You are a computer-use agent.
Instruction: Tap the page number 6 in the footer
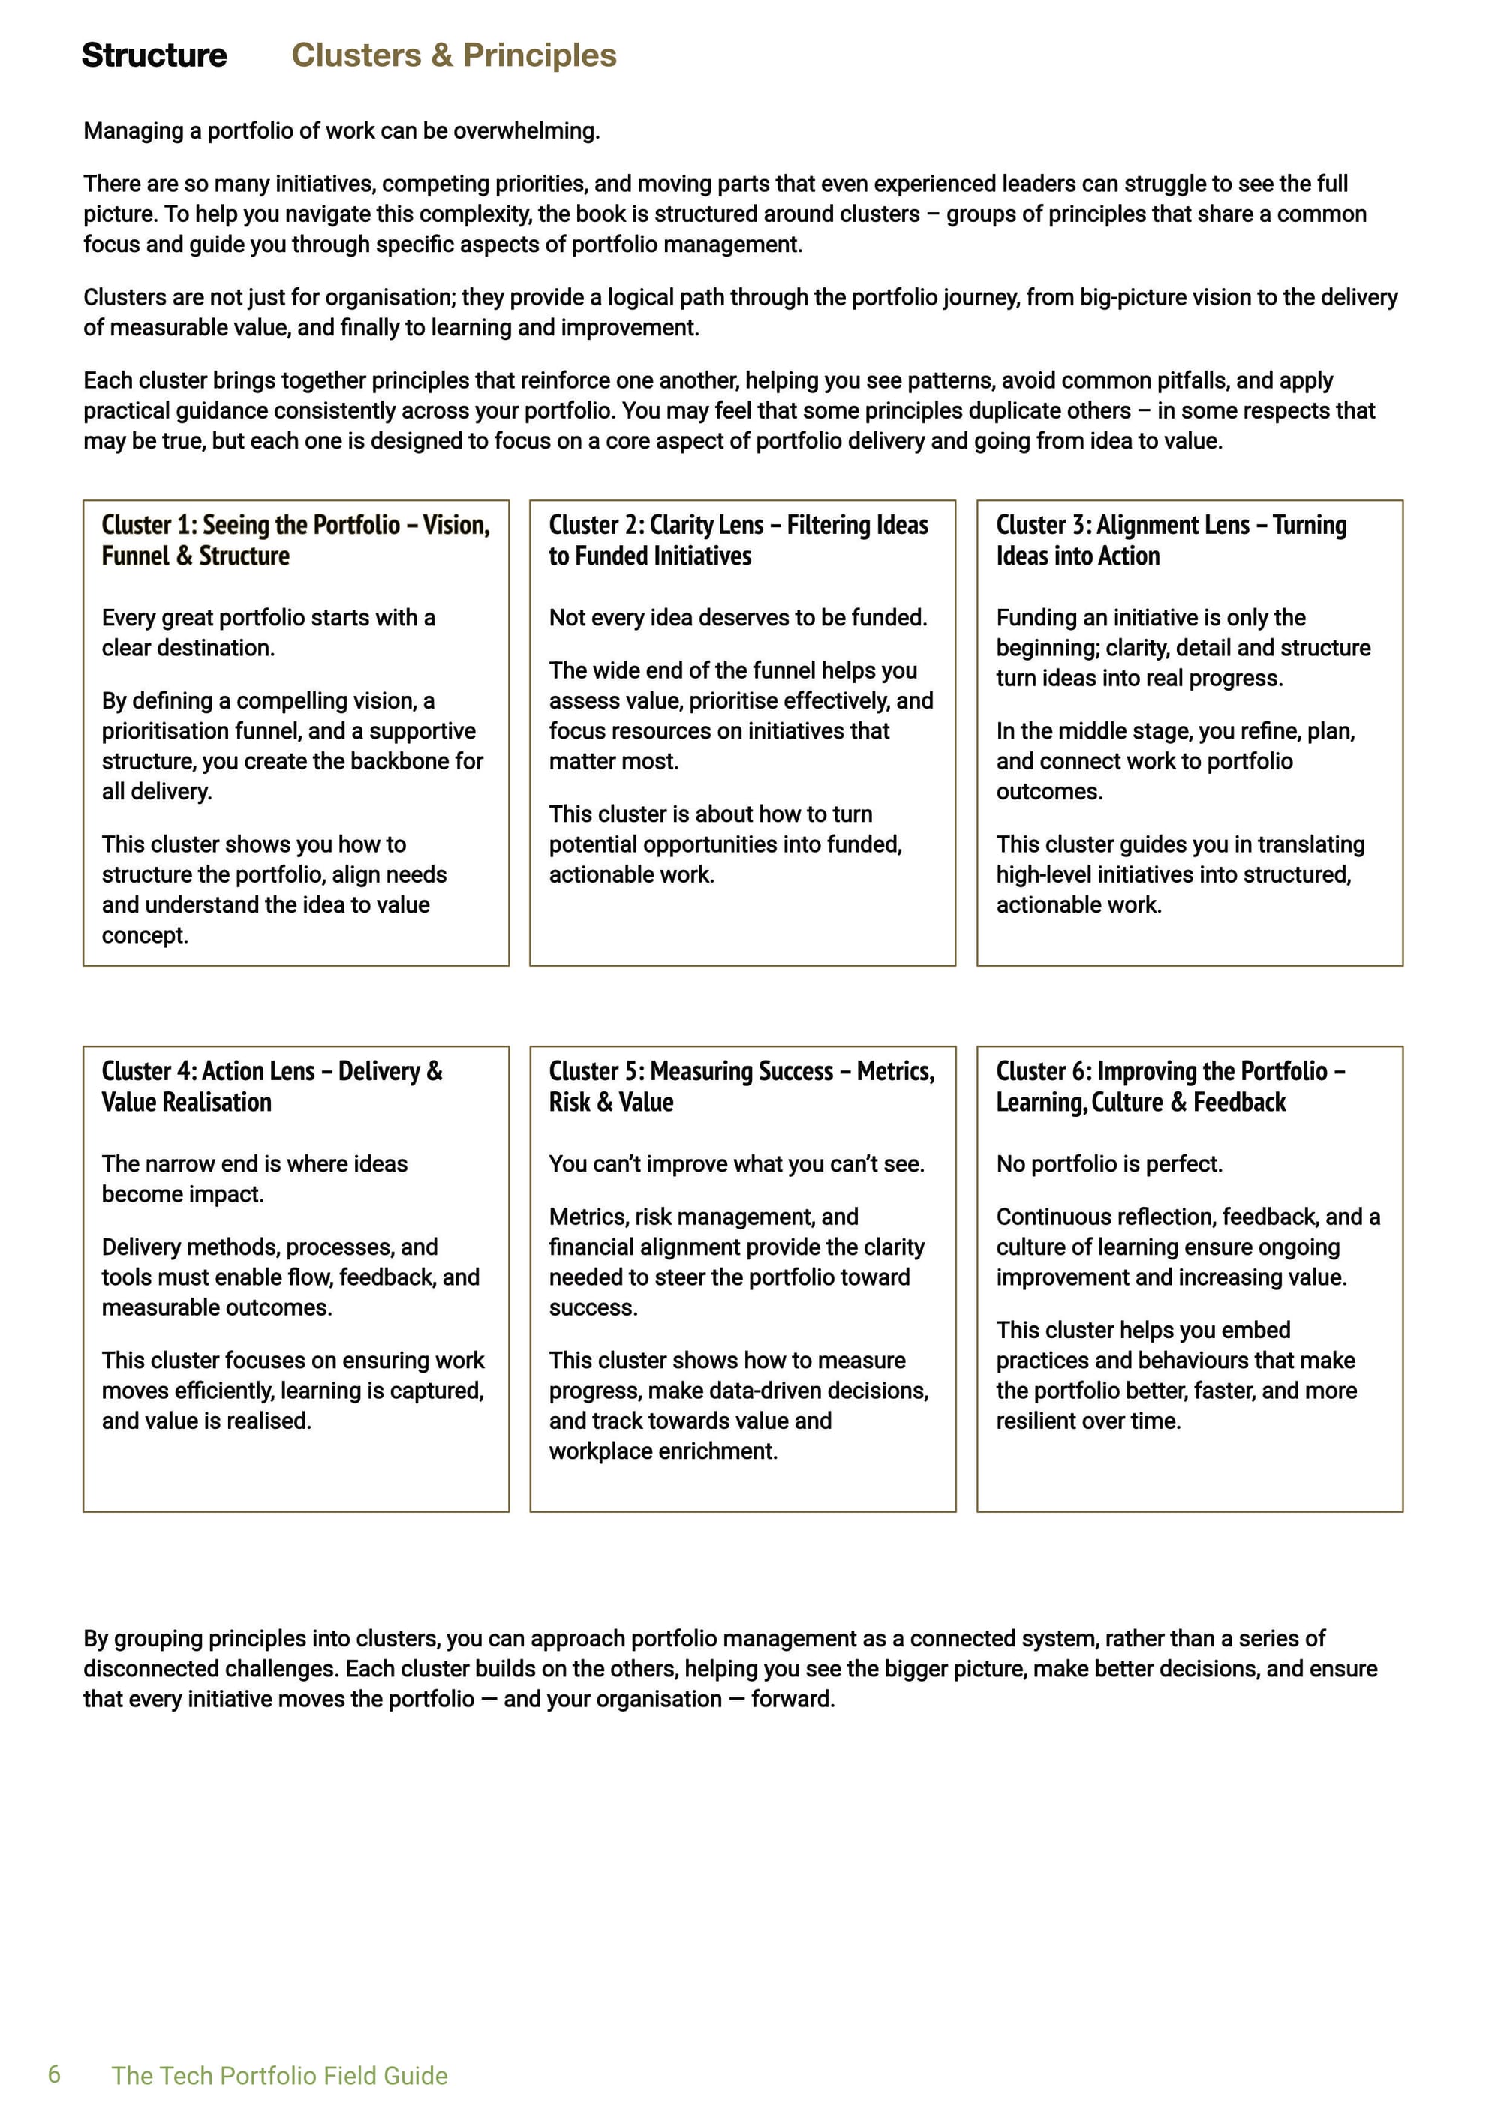[x=55, y=2074]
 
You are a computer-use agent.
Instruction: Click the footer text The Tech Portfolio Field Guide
[x=279, y=2076]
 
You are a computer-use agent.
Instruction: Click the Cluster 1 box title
[x=295, y=541]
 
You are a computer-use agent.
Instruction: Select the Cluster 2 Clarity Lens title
[x=738, y=541]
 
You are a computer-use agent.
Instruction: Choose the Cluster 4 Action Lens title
[x=272, y=1086]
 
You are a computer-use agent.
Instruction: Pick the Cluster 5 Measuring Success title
[x=741, y=1086]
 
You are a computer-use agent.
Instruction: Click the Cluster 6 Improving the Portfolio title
[x=1170, y=1086]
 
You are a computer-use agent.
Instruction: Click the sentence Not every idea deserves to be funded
[x=738, y=618]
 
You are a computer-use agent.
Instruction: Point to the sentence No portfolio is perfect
[x=1108, y=1164]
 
